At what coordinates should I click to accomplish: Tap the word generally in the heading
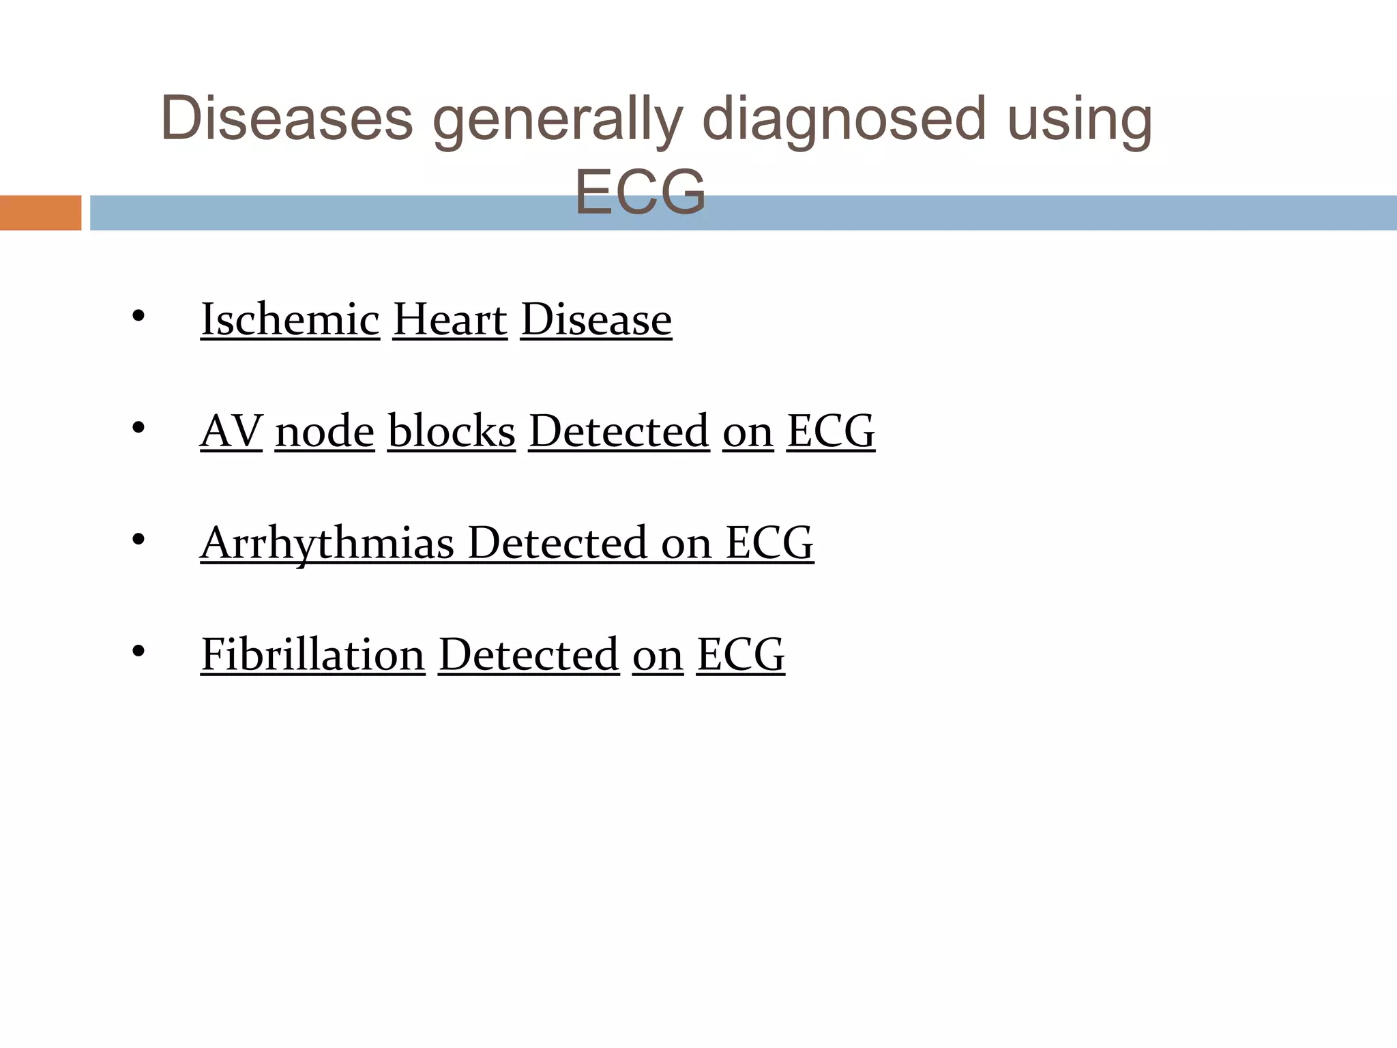point(557,121)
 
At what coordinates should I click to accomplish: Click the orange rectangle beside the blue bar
point(40,213)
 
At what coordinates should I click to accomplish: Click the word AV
point(231,431)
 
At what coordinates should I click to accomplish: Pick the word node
point(325,431)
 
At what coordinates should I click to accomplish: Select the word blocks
point(452,431)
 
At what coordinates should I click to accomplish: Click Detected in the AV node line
point(619,431)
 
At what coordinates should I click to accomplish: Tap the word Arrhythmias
point(327,544)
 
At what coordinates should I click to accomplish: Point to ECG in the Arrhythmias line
point(769,543)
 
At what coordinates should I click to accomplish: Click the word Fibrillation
point(313,655)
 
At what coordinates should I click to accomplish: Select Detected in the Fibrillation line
point(529,655)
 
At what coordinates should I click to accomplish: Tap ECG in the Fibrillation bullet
point(741,655)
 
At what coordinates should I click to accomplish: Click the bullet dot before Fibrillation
point(138,652)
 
